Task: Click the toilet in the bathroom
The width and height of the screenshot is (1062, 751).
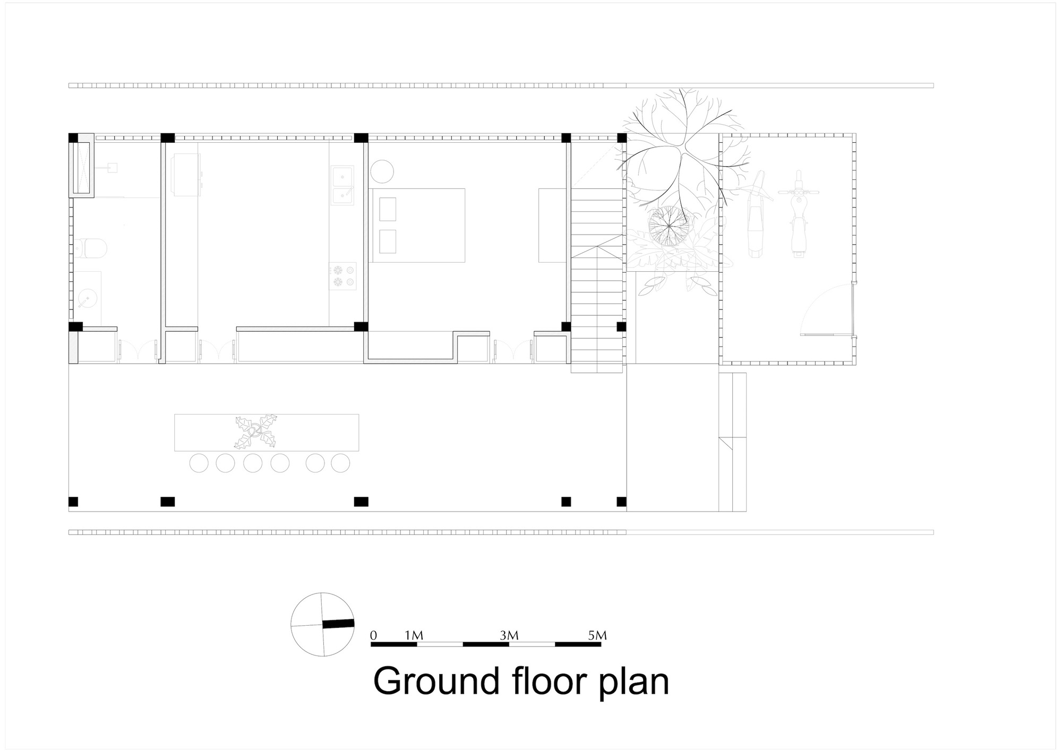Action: (91, 247)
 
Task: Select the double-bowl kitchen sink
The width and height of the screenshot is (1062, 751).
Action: (342, 185)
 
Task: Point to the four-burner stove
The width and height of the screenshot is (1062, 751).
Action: (342, 275)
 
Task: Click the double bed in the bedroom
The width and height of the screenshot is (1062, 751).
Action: (417, 225)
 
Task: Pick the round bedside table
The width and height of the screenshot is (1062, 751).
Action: (382, 171)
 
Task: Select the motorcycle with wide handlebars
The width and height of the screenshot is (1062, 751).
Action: (797, 213)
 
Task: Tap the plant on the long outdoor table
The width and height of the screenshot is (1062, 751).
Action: (256, 430)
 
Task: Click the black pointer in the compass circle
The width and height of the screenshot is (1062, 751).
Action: (338, 624)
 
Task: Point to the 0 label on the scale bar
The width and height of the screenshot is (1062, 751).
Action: (374, 635)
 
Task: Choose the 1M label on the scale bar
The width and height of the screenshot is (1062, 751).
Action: (414, 635)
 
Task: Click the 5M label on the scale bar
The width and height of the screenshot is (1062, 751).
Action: (597, 635)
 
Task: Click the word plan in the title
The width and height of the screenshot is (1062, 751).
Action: (633, 684)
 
